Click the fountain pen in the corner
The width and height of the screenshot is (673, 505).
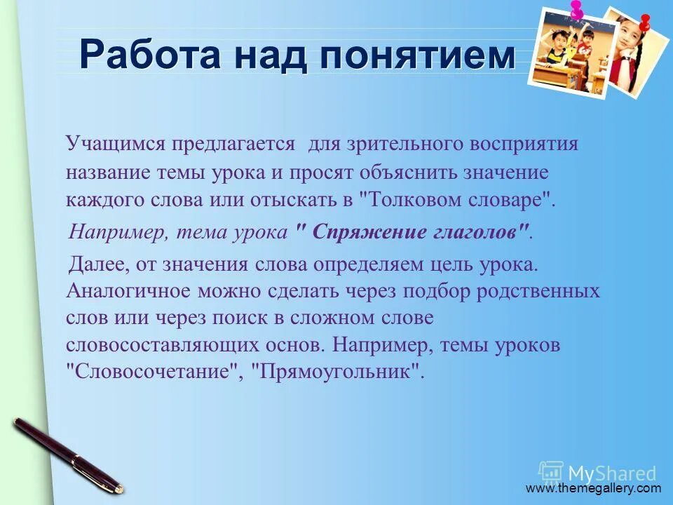click(x=67, y=454)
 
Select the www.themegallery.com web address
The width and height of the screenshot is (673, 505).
click(x=593, y=488)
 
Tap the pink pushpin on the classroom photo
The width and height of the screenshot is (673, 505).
click(x=577, y=10)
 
